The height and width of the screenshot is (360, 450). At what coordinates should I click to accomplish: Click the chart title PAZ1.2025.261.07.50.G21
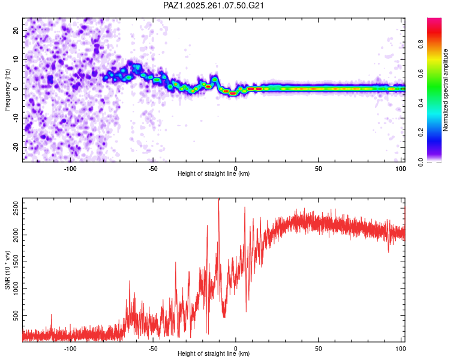[213, 5]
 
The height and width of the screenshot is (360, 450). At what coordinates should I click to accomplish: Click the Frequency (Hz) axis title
[7, 90]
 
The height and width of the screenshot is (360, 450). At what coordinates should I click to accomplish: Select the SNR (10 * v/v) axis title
[7, 270]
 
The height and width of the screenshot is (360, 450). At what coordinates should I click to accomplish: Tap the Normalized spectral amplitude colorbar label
[445, 90]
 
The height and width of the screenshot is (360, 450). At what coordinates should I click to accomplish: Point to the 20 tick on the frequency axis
[16, 30]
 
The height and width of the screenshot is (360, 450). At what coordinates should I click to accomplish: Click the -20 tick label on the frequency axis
[16, 148]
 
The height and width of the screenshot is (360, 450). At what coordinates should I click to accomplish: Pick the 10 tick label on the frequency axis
[16, 59]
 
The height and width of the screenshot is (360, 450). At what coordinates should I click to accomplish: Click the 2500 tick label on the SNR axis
[16, 208]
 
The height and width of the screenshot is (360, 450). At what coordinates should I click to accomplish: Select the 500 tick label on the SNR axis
[16, 315]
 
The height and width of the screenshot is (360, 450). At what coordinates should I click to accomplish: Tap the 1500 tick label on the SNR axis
[16, 262]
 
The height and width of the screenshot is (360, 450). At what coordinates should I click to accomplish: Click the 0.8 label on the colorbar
[421, 44]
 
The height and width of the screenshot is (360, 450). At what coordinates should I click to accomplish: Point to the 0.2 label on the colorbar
[421, 133]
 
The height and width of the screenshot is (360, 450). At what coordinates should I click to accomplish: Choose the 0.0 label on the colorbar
[421, 162]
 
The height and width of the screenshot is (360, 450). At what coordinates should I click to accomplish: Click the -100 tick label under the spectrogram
[70, 169]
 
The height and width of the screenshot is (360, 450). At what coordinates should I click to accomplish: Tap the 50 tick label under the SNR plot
[318, 349]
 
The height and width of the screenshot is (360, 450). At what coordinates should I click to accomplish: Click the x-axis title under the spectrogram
[214, 173]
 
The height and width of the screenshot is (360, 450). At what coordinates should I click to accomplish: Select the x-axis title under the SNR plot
[214, 353]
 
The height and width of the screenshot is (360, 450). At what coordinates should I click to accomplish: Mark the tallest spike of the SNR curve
[218, 199]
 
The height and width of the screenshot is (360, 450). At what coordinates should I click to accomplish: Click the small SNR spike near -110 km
[52, 315]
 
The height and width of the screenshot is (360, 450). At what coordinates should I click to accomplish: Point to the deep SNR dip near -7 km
[224, 316]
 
